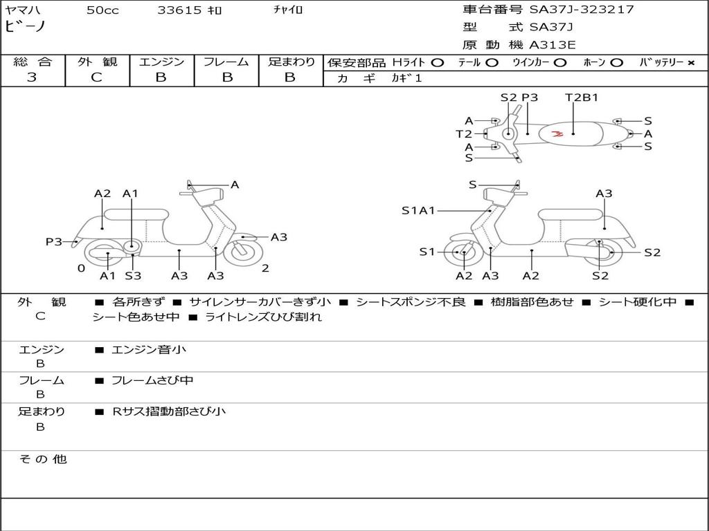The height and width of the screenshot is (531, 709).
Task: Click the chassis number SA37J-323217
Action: (582, 10)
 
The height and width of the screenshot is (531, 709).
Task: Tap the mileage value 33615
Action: (179, 10)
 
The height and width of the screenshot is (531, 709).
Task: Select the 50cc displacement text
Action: (102, 10)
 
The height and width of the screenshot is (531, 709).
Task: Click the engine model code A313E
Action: (553, 45)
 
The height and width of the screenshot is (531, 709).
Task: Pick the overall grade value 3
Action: (32, 77)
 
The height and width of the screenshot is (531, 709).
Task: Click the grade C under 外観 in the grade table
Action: (96, 77)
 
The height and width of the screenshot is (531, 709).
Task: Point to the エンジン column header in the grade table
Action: (161, 62)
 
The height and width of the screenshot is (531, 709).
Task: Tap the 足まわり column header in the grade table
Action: (291, 62)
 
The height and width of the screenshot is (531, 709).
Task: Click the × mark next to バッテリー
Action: (690, 63)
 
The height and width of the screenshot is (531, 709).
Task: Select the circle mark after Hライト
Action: (437, 63)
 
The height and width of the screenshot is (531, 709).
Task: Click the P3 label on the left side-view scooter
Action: (54, 241)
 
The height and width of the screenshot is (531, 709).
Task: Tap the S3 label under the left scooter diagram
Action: (133, 276)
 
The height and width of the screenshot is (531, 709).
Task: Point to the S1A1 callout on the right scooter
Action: (418, 211)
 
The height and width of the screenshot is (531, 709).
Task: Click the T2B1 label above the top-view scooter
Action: (582, 97)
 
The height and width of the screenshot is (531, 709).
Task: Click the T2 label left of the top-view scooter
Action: (464, 134)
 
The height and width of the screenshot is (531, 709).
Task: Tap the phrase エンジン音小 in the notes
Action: (149, 350)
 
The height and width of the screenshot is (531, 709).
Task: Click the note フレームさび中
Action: (152, 380)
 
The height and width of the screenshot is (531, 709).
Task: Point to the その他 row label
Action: (42, 459)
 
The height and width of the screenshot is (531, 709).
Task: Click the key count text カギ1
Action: (406, 79)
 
